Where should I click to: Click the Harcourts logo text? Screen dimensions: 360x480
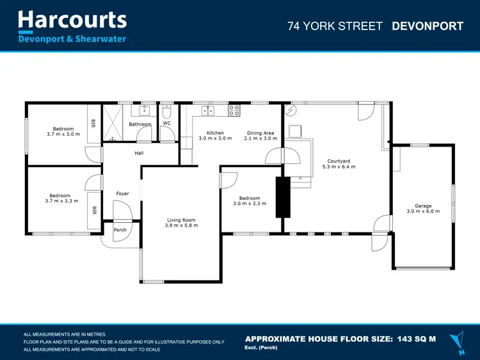click(72, 19)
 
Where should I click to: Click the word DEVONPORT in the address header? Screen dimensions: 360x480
click(428, 26)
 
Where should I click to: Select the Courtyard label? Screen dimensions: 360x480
click(339, 161)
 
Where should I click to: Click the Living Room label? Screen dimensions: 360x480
click(181, 220)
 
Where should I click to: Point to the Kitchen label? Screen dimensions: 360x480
click(211, 133)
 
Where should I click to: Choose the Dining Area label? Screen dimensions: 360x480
click(262, 133)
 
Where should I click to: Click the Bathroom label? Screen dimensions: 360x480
click(140, 124)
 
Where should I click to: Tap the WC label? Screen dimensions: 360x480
click(166, 123)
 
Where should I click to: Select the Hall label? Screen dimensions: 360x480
click(139, 153)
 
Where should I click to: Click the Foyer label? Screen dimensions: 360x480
click(122, 193)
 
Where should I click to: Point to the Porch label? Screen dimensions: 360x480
click(120, 230)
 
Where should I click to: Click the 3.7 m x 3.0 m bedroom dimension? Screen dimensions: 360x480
click(63, 135)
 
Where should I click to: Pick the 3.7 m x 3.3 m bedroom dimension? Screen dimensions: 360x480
click(63, 201)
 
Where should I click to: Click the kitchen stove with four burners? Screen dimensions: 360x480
click(234, 110)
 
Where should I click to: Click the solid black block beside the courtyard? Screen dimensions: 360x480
click(282, 197)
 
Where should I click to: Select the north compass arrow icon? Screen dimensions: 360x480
click(457, 340)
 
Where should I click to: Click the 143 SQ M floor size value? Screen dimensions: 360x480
click(416, 338)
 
